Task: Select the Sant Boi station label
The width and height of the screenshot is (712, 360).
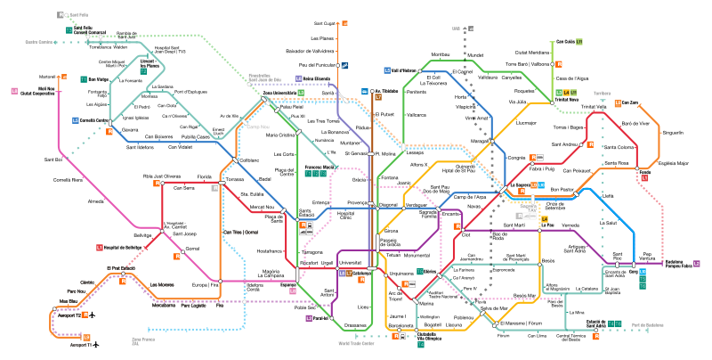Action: (53, 160)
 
